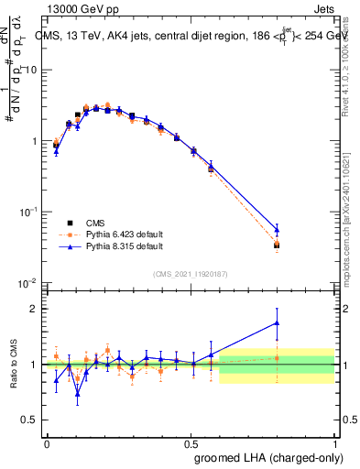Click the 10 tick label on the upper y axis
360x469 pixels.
click(32, 71)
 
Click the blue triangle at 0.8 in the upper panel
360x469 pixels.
click(277, 230)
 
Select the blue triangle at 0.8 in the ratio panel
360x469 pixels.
click(277, 322)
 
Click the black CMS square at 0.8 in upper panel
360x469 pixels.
click(277, 245)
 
